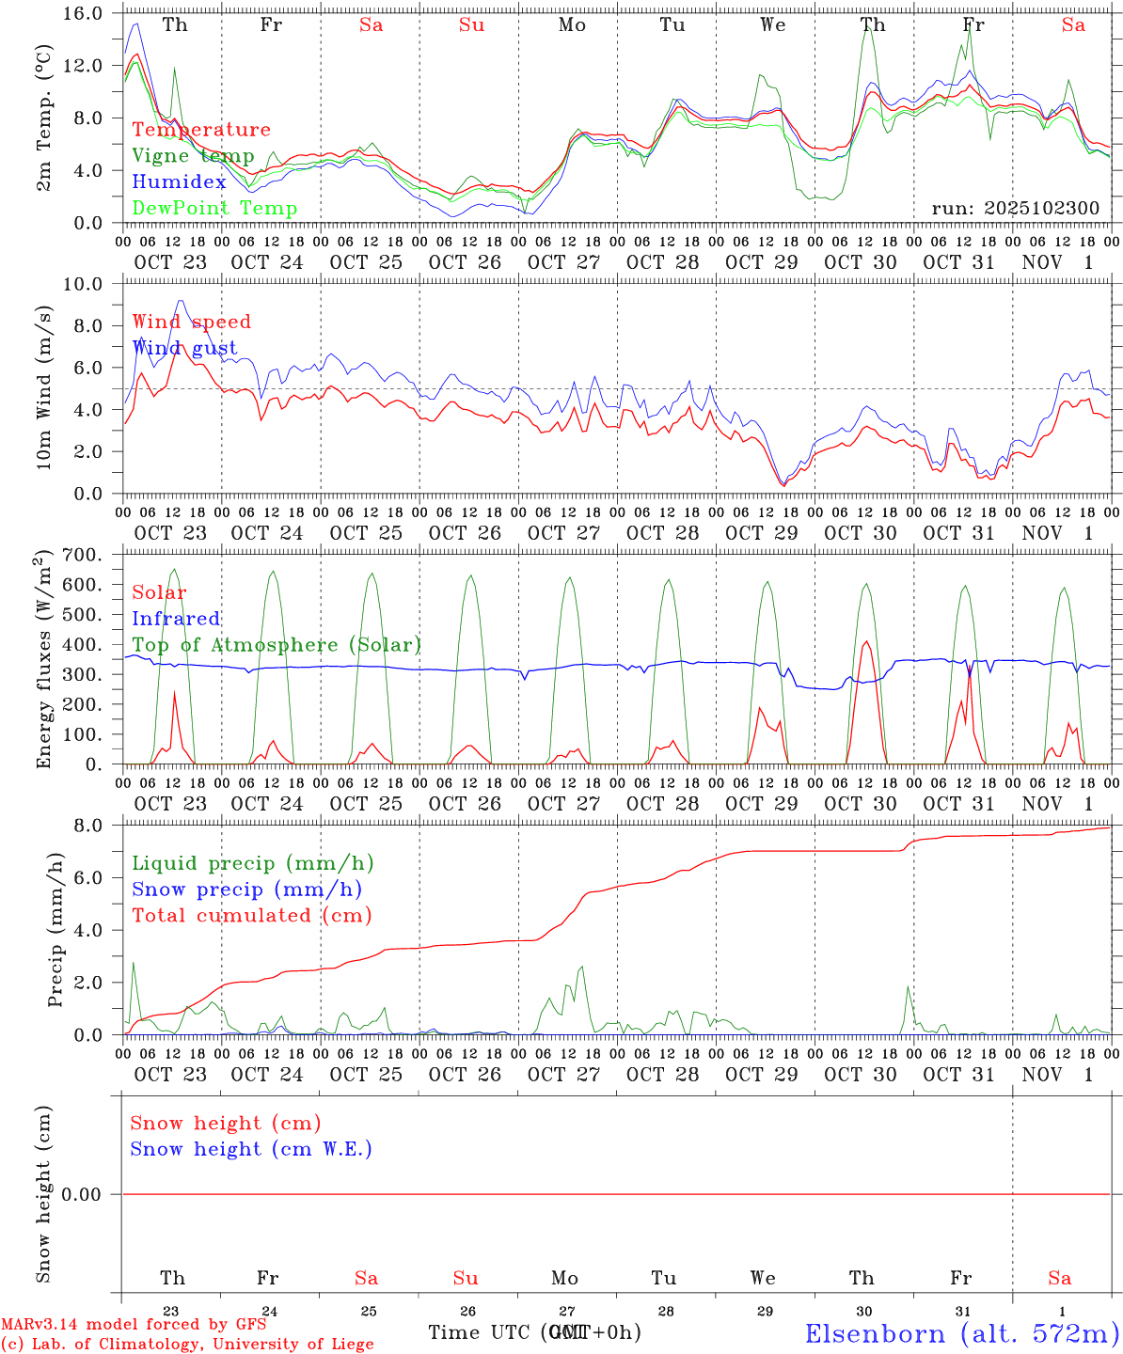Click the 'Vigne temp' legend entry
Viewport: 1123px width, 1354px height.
tap(193, 156)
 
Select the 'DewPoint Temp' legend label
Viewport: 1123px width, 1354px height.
tap(214, 209)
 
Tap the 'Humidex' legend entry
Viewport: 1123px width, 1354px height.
tap(179, 182)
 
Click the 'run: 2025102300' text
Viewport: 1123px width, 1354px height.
tap(1015, 209)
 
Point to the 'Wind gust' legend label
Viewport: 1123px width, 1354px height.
tap(184, 348)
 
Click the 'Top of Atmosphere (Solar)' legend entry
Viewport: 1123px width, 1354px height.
tap(276, 645)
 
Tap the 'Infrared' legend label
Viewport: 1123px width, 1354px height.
tap(176, 619)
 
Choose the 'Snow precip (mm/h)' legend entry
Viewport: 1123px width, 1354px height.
tap(246, 890)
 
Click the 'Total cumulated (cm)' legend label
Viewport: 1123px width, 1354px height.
tap(251, 916)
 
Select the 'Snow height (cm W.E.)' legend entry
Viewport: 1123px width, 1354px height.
tap(251, 1149)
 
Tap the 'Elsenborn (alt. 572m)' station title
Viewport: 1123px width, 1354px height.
tap(961, 1333)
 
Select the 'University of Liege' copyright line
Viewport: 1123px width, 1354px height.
tap(188, 1345)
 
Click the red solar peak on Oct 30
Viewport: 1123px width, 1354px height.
tap(865, 642)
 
